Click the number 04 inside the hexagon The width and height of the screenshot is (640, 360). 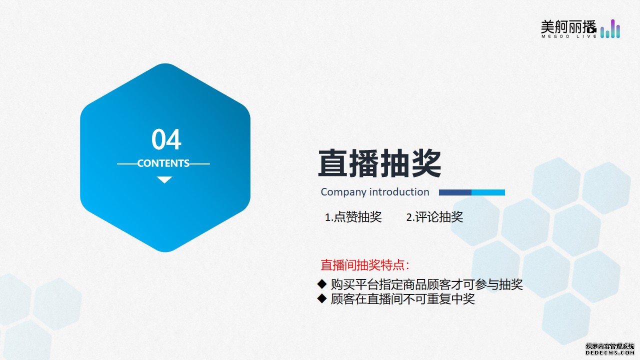(x=166, y=139)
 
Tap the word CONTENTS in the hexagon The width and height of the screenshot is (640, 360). (x=163, y=163)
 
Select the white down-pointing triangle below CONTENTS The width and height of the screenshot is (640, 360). (x=164, y=179)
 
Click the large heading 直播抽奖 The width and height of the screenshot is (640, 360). (x=379, y=163)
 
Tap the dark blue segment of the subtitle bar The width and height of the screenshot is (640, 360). (x=455, y=192)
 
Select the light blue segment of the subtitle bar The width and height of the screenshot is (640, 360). (x=488, y=192)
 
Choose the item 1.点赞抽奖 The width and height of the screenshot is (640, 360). (x=353, y=217)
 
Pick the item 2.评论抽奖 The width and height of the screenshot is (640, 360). (x=434, y=217)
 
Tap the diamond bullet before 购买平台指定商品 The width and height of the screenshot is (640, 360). (x=322, y=283)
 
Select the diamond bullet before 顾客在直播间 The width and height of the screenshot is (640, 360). (x=322, y=298)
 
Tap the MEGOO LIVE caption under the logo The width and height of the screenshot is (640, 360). (x=568, y=36)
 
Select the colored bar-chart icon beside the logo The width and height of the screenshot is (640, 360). (x=610, y=28)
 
